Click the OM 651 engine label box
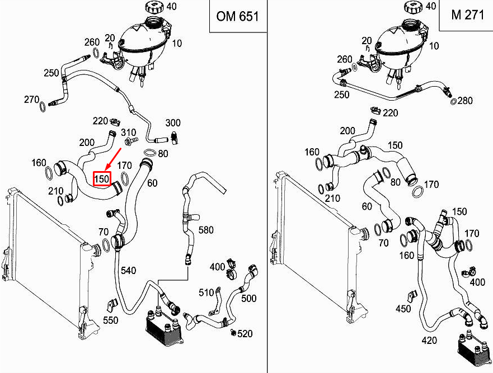tap(238, 16)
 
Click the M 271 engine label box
tap(466, 15)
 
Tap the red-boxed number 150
tap(102, 179)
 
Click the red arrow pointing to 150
tap(114, 159)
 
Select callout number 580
tap(206, 230)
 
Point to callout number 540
tap(128, 270)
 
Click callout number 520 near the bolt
tap(245, 333)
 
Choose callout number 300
tap(172, 122)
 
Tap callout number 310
tap(128, 133)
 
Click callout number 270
tap(32, 100)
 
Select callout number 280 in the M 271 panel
tap(465, 101)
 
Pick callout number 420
tap(429, 341)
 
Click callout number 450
tap(403, 309)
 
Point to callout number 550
tap(111, 320)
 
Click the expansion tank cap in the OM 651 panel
tap(156, 7)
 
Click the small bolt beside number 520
tap(233, 332)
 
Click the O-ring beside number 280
tap(453, 102)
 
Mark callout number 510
tap(206, 292)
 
